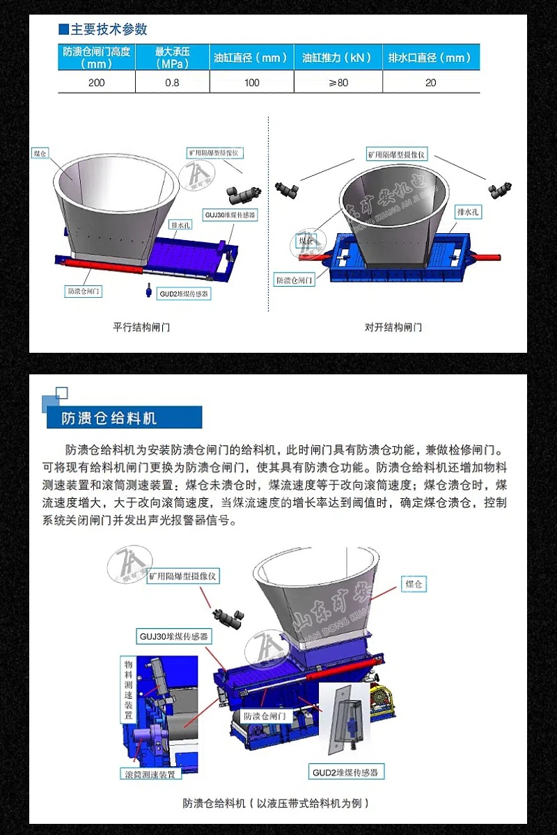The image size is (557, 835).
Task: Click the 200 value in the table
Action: (x=97, y=83)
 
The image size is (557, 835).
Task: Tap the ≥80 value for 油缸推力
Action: (x=338, y=83)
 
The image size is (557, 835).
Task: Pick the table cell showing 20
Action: (x=431, y=83)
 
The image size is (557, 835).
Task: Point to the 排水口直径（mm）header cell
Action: (x=431, y=58)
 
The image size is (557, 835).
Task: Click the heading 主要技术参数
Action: (x=109, y=29)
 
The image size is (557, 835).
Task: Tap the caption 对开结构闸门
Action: (x=393, y=326)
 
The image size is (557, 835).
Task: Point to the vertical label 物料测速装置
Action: (x=129, y=690)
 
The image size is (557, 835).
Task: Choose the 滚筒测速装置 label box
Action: (x=150, y=773)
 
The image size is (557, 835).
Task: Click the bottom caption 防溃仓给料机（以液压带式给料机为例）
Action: (x=276, y=803)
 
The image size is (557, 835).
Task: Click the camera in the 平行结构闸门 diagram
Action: (x=244, y=192)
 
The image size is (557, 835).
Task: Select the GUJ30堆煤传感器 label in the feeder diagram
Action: (x=175, y=636)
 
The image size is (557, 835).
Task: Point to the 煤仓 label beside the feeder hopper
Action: (x=414, y=584)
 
